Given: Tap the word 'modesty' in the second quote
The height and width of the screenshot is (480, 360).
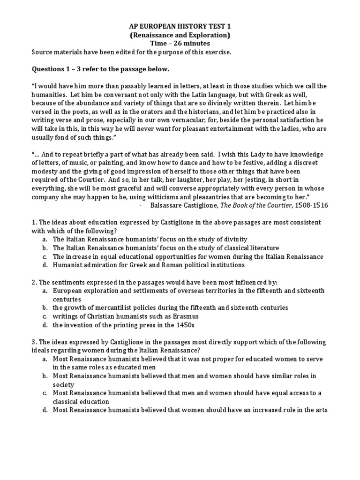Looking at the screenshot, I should coord(45,171).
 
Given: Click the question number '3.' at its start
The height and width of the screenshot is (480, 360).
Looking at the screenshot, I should coord(34,341).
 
